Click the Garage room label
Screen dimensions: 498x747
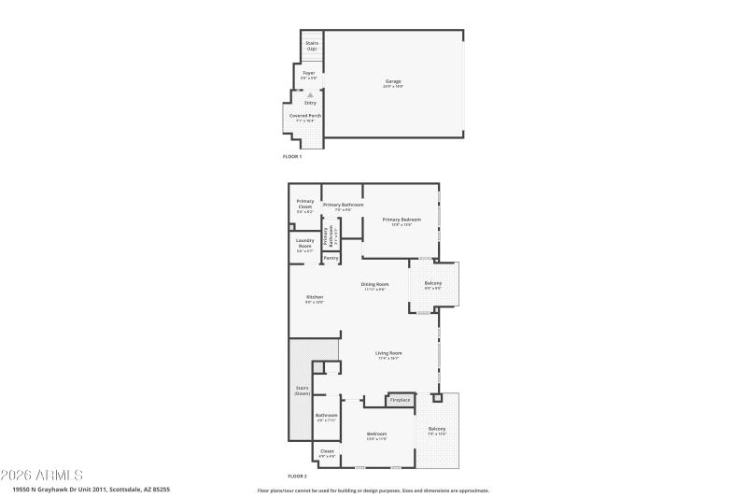[x=393, y=82]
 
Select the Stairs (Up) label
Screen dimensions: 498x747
[x=312, y=46]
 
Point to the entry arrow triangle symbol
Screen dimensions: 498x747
[x=310, y=94]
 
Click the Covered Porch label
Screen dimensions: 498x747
[x=304, y=117]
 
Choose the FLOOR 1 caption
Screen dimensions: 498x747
[x=292, y=156]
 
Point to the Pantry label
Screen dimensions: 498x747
[x=331, y=258]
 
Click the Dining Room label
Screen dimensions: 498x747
[x=374, y=285]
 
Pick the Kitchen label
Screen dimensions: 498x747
[x=314, y=298]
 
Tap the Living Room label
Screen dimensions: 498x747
[x=388, y=355]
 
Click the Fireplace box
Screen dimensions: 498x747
[x=399, y=401]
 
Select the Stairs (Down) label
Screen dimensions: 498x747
[x=302, y=391]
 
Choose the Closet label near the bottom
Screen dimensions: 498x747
[x=327, y=453]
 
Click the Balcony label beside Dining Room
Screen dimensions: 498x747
[x=433, y=284]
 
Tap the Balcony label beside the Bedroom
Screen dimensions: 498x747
[x=437, y=430]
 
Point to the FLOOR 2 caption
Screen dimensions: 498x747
[x=297, y=477]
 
